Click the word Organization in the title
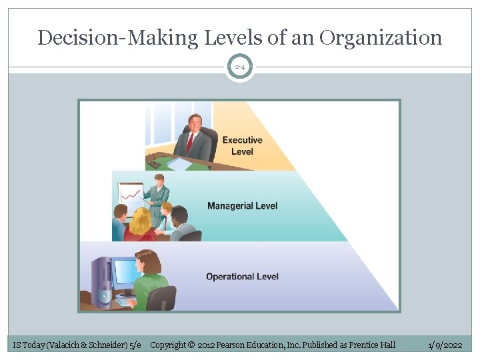click(x=380, y=37)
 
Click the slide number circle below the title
click(x=239, y=67)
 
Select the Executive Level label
click(x=242, y=145)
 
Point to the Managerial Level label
click(x=242, y=205)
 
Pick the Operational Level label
click(x=242, y=276)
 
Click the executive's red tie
click(x=190, y=142)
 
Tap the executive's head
click(x=195, y=123)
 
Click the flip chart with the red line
click(x=131, y=195)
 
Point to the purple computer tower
click(x=102, y=282)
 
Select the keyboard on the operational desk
click(x=125, y=301)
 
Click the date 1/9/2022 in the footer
click(x=445, y=345)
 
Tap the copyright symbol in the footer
click(x=190, y=345)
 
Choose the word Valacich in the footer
click(x=67, y=345)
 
